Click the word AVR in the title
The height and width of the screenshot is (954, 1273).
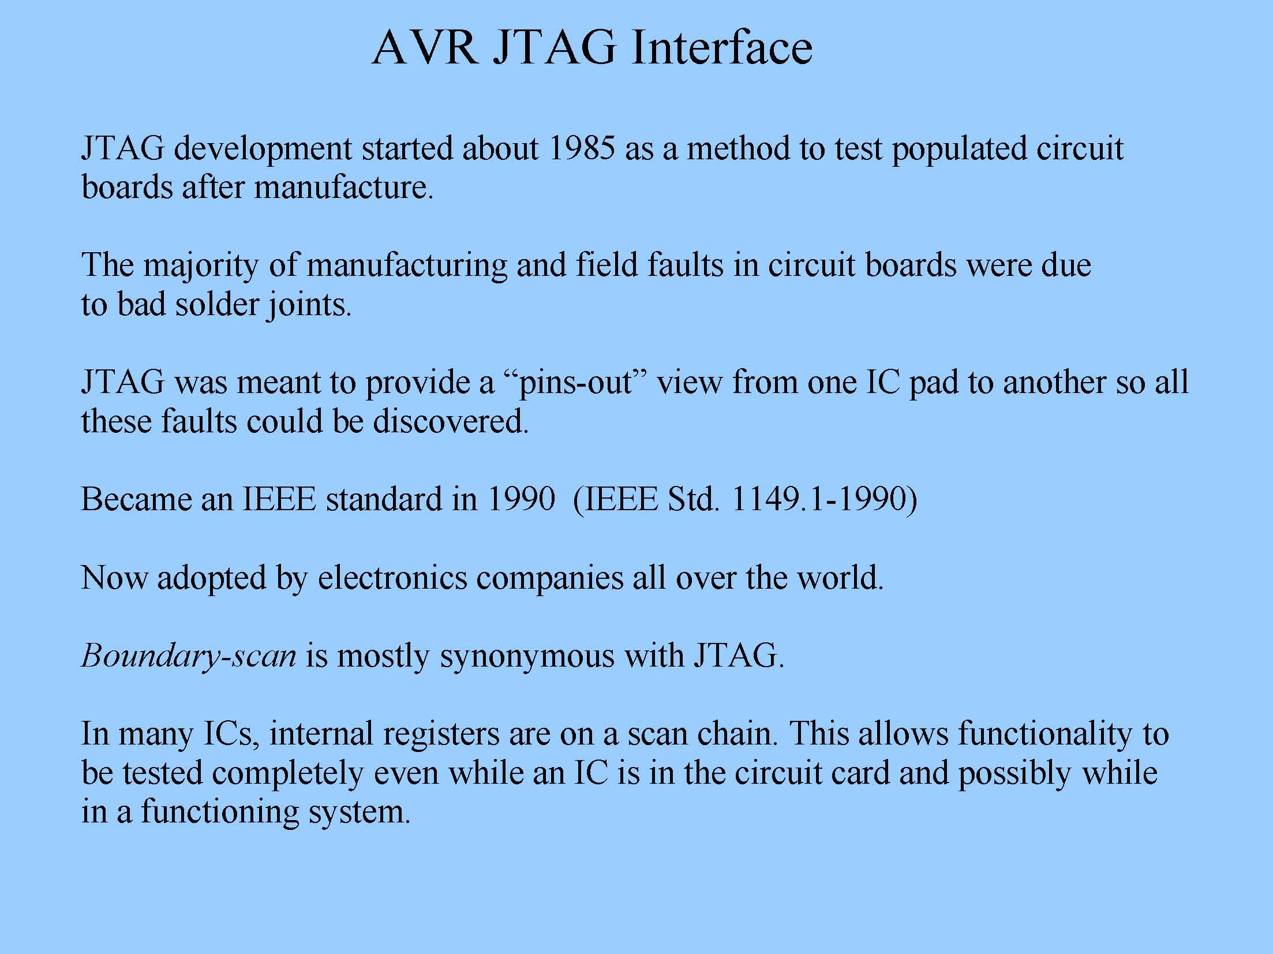[x=424, y=47]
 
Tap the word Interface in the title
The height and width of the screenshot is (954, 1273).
[x=721, y=47]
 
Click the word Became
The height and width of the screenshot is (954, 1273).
[x=136, y=499]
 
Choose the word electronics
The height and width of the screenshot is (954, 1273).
[x=392, y=577]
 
